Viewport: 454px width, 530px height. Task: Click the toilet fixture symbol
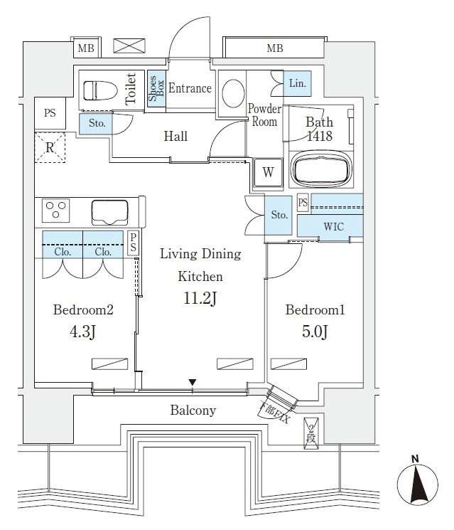click(99, 90)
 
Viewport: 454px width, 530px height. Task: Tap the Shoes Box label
click(156, 90)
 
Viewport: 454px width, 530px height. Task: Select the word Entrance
click(190, 88)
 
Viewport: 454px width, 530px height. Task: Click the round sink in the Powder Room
click(232, 92)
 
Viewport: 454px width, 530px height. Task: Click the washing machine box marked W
click(268, 171)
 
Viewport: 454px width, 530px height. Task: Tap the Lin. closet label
click(298, 83)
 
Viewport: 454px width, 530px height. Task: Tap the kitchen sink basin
click(109, 212)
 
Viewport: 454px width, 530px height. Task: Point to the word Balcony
click(193, 410)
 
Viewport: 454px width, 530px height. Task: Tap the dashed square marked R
click(50, 147)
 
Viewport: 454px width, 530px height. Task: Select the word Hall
click(175, 136)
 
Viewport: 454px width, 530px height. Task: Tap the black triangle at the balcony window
click(192, 384)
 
